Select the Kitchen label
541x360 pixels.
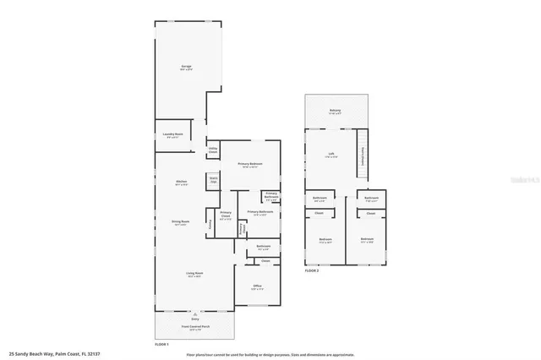tap(180, 182)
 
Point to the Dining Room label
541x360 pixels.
tap(180, 222)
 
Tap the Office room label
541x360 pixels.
tap(257, 286)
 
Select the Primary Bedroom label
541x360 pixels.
tap(250, 164)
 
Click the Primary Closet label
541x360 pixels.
tap(226, 215)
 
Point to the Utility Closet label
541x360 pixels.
tap(213, 150)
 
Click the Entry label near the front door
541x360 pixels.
tap(194, 319)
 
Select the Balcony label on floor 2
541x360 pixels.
tap(334, 111)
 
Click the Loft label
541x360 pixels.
tap(331, 154)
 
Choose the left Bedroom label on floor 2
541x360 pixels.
tap(325, 240)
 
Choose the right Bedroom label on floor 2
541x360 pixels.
tap(366, 239)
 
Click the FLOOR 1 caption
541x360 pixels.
tap(161, 344)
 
